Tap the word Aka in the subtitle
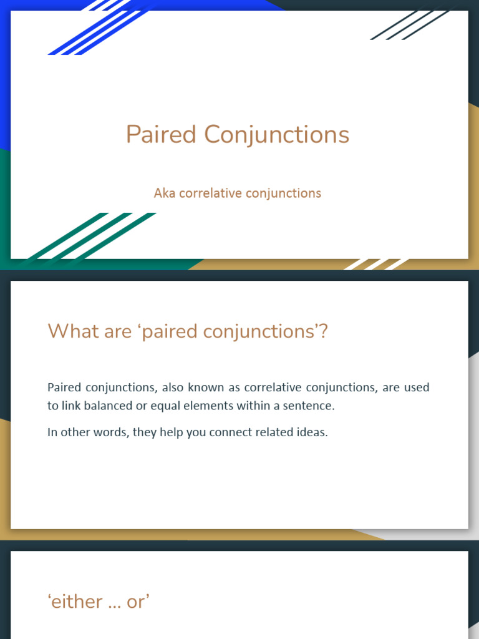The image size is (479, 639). tap(165, 193)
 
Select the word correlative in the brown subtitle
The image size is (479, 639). tap(210, 193)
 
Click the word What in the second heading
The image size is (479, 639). tap(69, 331)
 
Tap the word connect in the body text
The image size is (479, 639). tap(230, 432)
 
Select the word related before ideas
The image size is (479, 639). tap(275, 432)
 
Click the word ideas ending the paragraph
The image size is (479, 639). tap(313, 432)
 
